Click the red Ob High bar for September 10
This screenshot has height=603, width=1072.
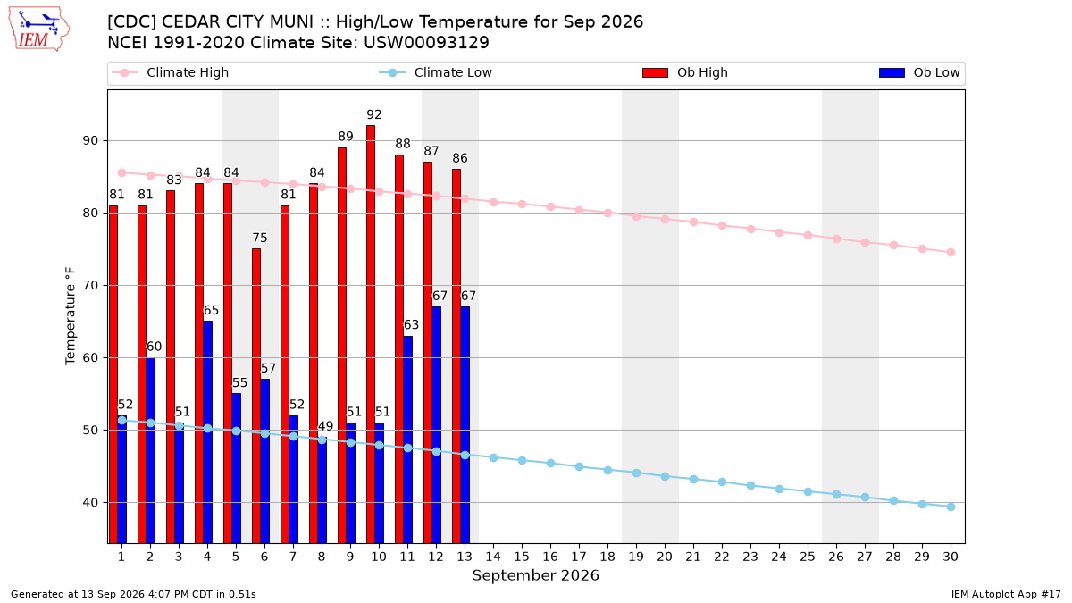coord(371,334)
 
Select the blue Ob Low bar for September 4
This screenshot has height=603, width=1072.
coord(207,432)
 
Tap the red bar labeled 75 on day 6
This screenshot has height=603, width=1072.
coord(256,396)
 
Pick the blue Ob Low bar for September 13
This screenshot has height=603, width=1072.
coord(465,425)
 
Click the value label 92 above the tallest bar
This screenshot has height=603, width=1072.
coord(373,115)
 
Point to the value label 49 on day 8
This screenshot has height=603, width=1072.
coord(325,426)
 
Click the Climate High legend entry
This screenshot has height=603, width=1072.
coord(170,72)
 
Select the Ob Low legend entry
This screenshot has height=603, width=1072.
coord(919,72)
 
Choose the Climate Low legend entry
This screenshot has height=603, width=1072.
coord(435,72)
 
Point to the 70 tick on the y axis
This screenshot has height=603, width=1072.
coord(90,286)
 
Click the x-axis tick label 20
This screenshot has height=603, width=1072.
coord(665,557)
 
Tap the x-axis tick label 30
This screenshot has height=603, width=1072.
coord(951,557)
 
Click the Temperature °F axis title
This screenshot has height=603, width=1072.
coord(71,316)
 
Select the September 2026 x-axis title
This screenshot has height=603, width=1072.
coord(535,575)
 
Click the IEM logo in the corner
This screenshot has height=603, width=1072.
coord(38,29)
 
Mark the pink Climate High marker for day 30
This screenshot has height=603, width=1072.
coord(951,252)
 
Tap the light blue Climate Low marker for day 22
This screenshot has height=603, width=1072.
coord(722,482)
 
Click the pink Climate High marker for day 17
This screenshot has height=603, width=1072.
coord(579,210)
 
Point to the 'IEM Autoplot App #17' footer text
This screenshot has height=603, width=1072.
coord(1006,594)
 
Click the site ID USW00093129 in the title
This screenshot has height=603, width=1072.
coord(426,43)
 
